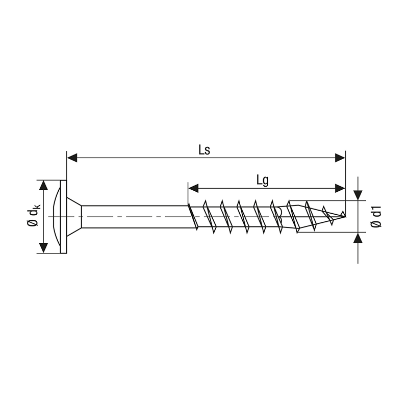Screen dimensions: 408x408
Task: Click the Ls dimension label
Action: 205,150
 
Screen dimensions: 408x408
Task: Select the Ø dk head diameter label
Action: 32,217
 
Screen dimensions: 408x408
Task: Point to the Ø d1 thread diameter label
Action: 375,217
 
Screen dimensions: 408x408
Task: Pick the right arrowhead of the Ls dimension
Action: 340,158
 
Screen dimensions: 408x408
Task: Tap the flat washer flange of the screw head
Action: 63,217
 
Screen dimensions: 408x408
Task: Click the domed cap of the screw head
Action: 56,217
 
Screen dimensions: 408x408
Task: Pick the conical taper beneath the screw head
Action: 74,217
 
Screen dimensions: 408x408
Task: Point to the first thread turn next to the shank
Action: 192,217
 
